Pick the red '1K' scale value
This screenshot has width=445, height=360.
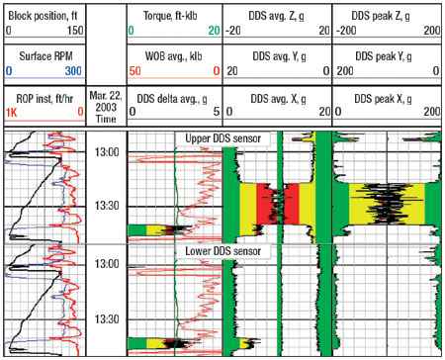(x=12, y=113)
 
